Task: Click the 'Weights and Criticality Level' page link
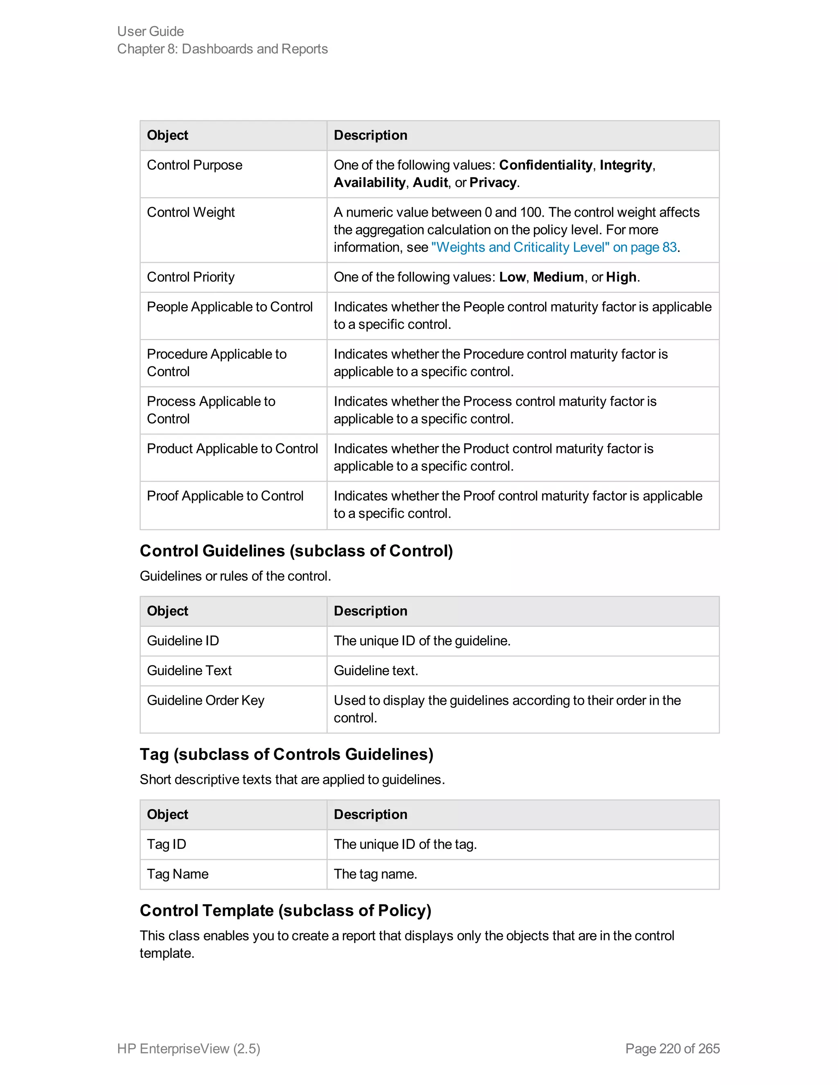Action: click(554, 247)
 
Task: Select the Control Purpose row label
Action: click(195, 165)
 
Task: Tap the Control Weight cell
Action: click(191, 212)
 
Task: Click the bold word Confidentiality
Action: click(545, 165)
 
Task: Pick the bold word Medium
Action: click(558, 277)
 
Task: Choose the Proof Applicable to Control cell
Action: click(225, 496)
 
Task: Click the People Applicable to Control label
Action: click(230, 307)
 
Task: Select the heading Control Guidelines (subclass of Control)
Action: click(296, 551)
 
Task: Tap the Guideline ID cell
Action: click(182, 641)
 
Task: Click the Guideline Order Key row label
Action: click(205, 701)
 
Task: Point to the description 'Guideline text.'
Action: click(376, 671)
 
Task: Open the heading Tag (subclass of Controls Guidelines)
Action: click(286, 755)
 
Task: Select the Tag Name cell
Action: click(178, 875)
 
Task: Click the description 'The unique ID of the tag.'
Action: click(405, 845)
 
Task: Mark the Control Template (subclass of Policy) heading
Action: click(286, 911)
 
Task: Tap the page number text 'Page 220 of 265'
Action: click(672, 1049)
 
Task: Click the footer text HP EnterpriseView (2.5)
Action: click(189, 1049)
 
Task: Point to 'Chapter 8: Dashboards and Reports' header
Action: click(223, 49)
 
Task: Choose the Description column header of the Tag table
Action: click(370, 815)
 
